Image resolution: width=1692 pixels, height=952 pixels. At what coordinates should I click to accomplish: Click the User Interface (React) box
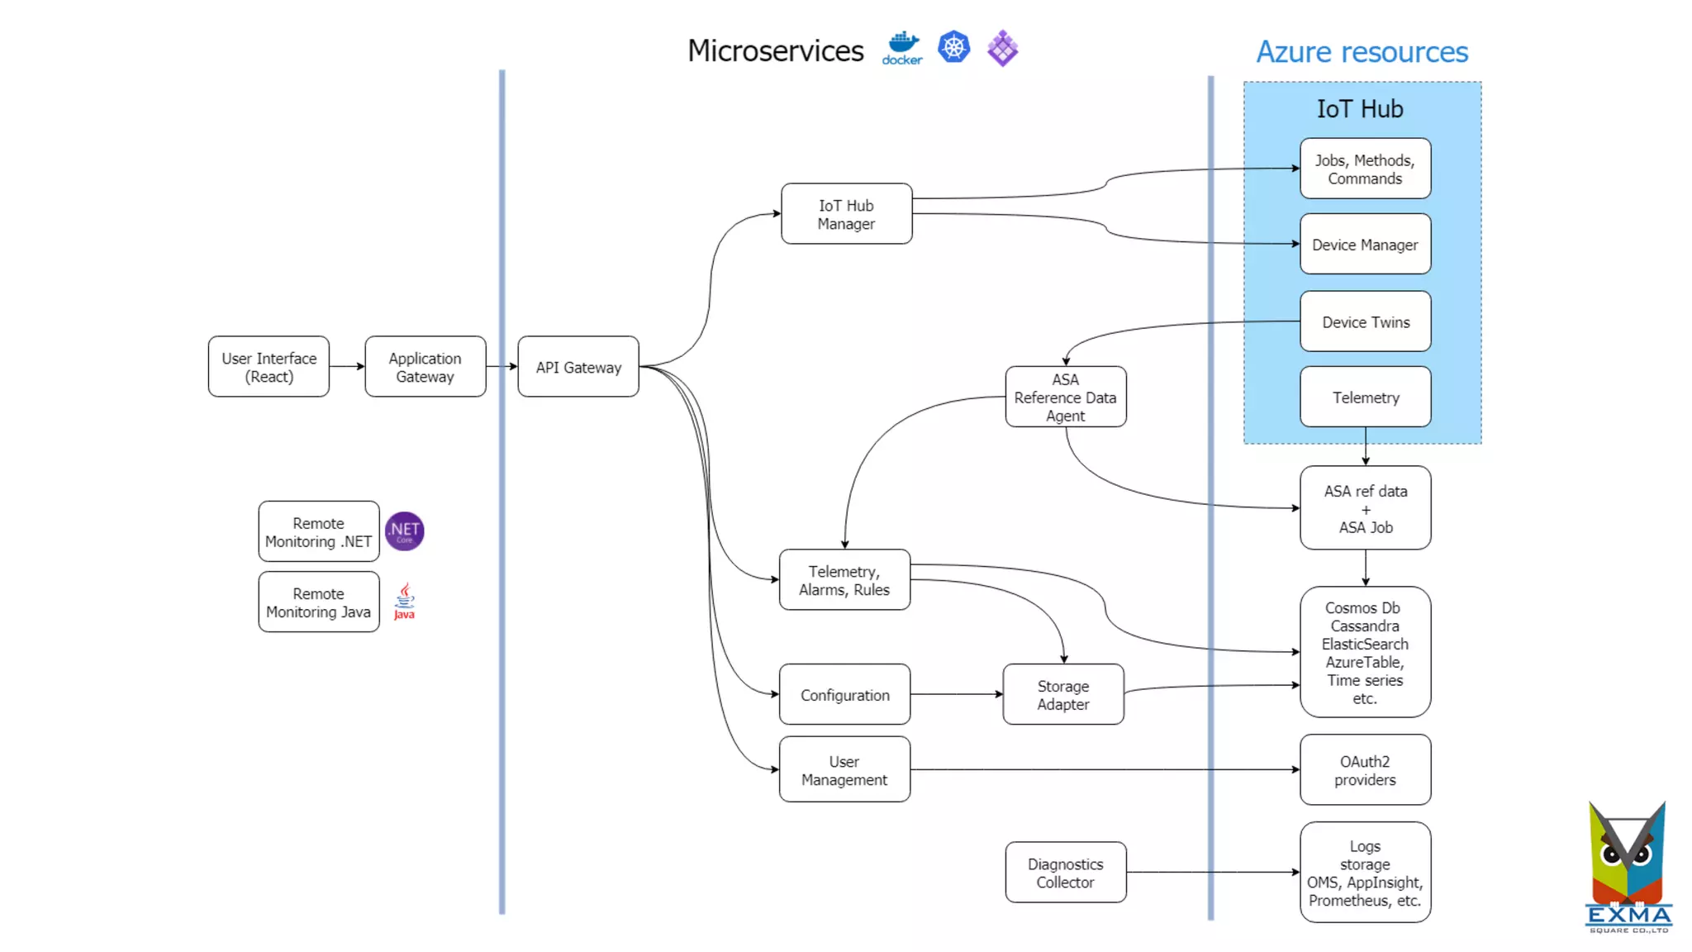(x=269, y=367)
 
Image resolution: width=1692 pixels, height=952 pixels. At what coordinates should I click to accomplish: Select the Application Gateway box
(x=425, y=367)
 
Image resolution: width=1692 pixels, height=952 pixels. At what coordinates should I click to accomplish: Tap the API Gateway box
(x=578, y=367)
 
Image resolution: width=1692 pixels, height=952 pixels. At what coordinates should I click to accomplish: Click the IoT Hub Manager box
(x=846, y=214)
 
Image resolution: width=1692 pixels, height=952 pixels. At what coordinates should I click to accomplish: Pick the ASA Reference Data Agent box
(x=1065, y=397)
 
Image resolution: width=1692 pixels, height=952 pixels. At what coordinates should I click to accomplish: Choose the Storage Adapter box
(x=1063, y=695)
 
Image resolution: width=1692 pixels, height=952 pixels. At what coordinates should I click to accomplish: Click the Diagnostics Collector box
(x=1065, y=873)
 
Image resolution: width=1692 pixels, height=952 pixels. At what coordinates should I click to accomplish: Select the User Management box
(x=844, y=770)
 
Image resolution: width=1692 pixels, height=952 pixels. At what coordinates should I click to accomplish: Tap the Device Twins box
(x=1365, y=321)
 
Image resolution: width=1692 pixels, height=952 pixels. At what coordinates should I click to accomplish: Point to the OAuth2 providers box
(x=1365, y=770)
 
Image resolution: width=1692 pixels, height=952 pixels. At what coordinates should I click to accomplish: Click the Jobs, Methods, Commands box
(x=1365, y=169)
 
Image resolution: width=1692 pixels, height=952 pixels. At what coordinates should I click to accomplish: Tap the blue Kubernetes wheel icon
(x=953, y=47)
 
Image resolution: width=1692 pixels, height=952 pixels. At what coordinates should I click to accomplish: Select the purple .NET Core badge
(x=405, y=531)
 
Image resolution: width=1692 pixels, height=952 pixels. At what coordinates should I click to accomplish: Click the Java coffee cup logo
(x=404, y=601)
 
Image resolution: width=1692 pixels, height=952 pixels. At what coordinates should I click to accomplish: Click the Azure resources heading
(x=1362, y=52)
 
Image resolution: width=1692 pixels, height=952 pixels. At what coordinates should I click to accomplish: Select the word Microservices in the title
(x=775, y=50)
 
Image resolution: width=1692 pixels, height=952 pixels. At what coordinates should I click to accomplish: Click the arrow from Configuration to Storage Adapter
(x=956, y=694)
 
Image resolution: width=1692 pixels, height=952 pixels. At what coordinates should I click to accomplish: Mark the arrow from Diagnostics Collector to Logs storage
(x=1212, y=872)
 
